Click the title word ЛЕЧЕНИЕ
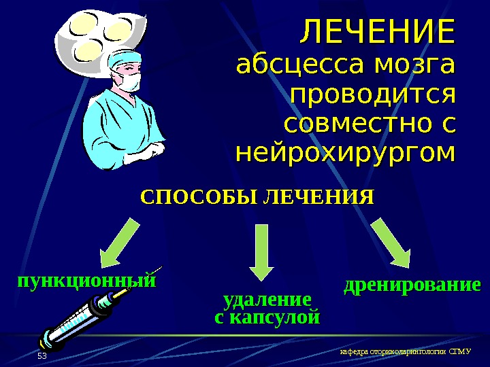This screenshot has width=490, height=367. pos(377,32)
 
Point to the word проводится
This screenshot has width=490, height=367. pos(372,96)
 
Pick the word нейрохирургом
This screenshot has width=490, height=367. pos(344,154)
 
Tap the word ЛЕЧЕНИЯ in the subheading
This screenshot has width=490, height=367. pos(318,198)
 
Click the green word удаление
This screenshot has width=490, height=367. pos(267,300)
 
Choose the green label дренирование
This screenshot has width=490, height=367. pos(412,285)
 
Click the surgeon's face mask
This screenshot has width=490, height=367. pos(129,82)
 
